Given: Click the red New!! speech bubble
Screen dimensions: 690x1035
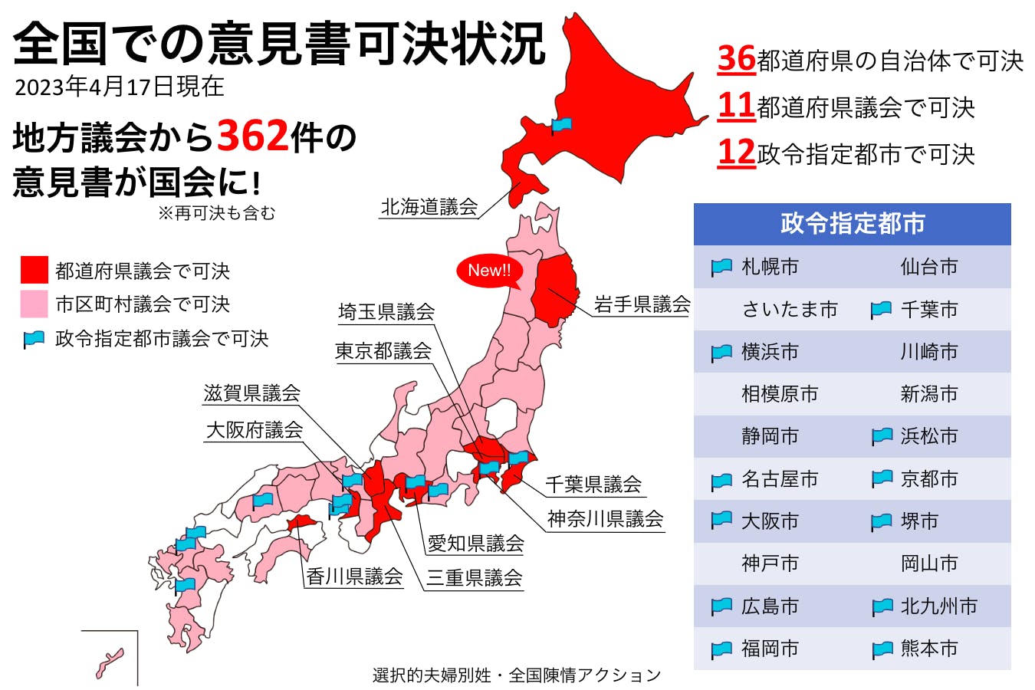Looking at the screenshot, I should coord(489,271).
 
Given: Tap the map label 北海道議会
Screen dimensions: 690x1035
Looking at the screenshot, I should coord(429,207).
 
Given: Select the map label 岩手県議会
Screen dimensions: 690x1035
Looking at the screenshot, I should coord(642,304).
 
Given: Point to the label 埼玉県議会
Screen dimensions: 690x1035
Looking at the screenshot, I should coord(386,311).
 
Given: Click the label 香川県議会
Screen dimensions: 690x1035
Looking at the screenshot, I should coord(354,577).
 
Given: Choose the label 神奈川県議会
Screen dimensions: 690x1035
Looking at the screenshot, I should coord(605,519).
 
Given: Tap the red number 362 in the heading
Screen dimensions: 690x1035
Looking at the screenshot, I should coord(253,136).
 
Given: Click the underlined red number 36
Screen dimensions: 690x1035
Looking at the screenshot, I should coord(736,59).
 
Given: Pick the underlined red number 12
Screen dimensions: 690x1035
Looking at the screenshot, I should coord(736,153).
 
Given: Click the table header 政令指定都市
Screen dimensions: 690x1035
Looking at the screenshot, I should coord(852,224).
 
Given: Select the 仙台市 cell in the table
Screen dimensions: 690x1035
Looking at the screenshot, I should coord(928,267).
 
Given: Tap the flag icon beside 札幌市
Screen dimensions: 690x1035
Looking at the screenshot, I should coord(721,267).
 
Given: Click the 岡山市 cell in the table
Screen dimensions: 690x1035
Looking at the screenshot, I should coord(928,563).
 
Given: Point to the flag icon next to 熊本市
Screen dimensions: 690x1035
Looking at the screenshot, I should coord(882,649).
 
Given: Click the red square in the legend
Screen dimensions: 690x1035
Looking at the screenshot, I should coord(34,271).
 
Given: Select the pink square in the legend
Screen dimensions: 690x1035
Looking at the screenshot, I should coord(34,304).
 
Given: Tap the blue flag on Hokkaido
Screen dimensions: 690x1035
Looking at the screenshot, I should coord(562,124).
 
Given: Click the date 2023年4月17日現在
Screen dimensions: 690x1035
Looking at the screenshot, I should coord(120,87).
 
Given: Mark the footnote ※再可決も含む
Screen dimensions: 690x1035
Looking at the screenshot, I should coord(216,213).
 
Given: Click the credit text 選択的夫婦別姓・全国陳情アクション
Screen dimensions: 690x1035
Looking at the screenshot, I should coord(516,675).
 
